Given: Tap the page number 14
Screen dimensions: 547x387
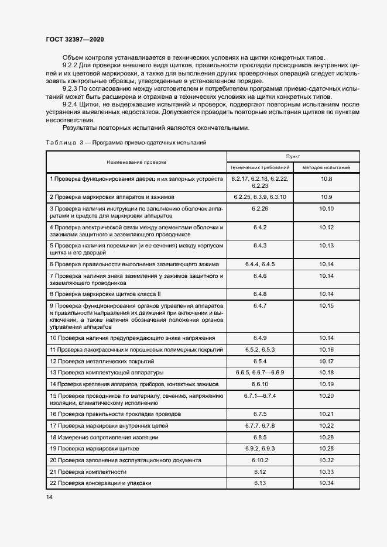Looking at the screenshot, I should click(x=49, y=497).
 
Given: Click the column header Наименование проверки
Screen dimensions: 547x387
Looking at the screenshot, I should click(x=136, y=161).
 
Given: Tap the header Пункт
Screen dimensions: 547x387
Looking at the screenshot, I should click(x=293, y=157).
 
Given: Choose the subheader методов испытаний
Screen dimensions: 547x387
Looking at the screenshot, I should click(x=326, y=167).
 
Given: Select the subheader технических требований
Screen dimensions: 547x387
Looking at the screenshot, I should click(x=259, y=167).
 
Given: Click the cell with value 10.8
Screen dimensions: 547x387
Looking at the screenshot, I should click(x=326, y=178).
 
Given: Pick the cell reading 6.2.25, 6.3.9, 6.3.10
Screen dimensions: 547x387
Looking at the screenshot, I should click(x=259, y=197).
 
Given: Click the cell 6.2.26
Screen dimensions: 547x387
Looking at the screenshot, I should click(x=259, y=208).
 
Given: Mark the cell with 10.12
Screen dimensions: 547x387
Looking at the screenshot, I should click(x=326, y=226).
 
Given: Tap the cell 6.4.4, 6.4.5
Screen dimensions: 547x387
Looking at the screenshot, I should click(x=259, y=264).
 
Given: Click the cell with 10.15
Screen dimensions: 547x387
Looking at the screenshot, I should click(x=326, y=305).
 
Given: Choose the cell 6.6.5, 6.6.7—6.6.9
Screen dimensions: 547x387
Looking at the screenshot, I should click(x=259, y=372).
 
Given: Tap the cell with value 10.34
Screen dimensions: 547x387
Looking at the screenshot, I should click(x=326, y=483).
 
